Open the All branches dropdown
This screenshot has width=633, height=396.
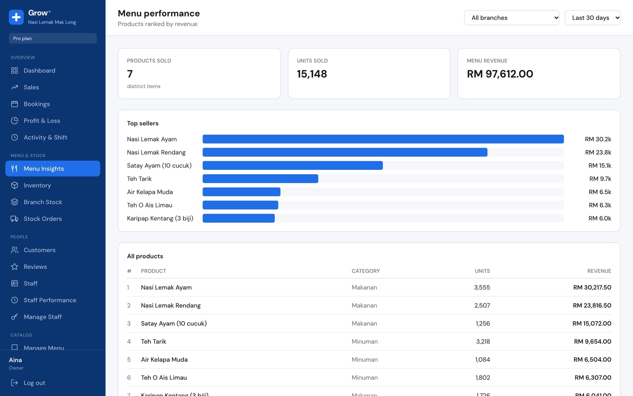511,18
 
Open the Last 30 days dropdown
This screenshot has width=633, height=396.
592,18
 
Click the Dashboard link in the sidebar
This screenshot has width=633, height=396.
40,70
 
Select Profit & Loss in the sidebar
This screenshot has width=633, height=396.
42,121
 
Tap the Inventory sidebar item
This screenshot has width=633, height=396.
37,185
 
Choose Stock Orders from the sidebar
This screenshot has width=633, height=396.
43,219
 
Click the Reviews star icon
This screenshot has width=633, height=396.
15,267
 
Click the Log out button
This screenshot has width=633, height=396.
28,383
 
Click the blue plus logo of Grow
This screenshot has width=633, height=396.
16,17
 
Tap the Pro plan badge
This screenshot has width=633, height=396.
53,38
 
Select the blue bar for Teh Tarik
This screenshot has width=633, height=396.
260,179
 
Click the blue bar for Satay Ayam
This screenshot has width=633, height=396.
293,165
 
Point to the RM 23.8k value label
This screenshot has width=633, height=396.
598,152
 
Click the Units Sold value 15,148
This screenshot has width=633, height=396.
312,74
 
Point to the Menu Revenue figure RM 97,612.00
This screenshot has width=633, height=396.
500,74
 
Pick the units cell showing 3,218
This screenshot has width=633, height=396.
483,342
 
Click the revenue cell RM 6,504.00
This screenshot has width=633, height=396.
592,360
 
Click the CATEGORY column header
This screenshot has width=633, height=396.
366,271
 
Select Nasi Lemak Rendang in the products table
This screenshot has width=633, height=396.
171,305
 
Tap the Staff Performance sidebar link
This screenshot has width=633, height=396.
50,300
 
